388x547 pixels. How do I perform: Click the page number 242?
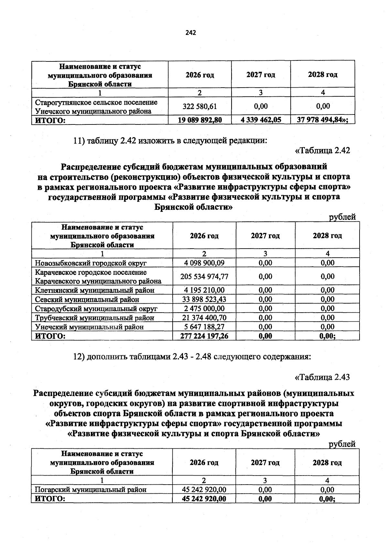click(x=191, y=33)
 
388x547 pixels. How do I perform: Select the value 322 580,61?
click(x=199, y=106)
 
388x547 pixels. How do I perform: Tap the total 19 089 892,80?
click(x=199, y=120)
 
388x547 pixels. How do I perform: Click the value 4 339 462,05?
click(x=261, y=120)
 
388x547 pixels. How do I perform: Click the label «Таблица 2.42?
click(x=322, y=150)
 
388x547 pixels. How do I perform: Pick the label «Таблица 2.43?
click(x=322, y=377)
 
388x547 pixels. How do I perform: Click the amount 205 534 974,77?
click(x=204, y=276)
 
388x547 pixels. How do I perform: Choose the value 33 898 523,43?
click(x=204, y=299)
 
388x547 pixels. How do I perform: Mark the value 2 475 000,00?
click(x=204, y=308)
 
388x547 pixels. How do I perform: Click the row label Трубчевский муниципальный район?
click(x=94, y=318)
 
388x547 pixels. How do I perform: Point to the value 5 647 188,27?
click(x=204, y=327)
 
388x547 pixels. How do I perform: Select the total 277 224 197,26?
click(x=204, y=336)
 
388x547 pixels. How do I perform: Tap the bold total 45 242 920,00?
click(x=204, y=499)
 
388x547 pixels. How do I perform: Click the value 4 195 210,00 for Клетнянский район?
click(x=204, y=290)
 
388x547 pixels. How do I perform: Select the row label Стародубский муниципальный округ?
click(x=96, y=308)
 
